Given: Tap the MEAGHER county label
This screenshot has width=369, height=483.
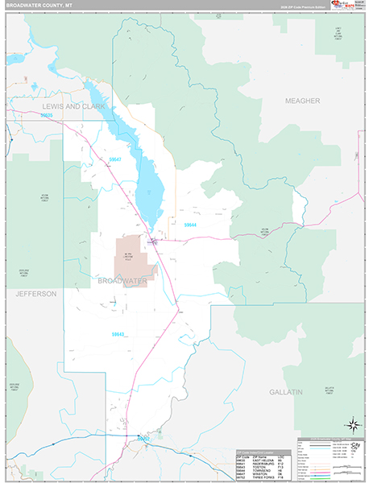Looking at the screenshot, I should (302, 101).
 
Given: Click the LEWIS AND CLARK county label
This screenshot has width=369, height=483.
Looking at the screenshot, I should (68, 106).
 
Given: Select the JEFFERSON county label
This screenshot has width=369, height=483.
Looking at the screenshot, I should (35, 295).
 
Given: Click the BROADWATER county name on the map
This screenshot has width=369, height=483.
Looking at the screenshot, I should (122, 281).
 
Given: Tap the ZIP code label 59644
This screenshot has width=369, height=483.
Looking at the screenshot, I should (191, 225).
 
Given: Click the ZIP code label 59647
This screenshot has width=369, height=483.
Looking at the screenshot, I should (114, 160).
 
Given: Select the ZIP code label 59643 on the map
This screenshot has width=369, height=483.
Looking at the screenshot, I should (119, 334).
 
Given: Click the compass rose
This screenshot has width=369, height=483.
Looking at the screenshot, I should (352, 424).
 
